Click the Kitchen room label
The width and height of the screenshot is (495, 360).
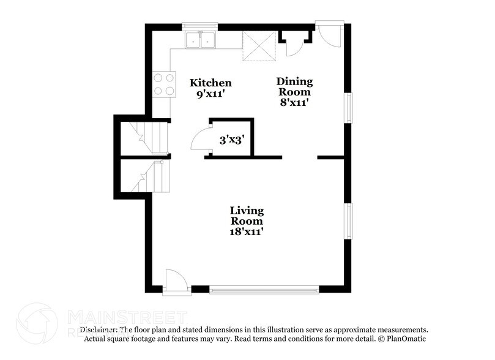point(210,83)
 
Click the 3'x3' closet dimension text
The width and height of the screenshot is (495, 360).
point(232,140)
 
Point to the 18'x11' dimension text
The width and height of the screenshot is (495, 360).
point(247,232)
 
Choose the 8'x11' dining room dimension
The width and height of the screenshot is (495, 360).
point(294,103)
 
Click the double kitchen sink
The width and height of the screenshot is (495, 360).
point(201,40)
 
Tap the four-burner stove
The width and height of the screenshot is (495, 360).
point(162,84)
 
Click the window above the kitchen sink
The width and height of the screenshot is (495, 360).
point(201,27)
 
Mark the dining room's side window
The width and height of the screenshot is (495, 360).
point(349,108)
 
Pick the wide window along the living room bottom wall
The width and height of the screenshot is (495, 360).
point(264,288)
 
